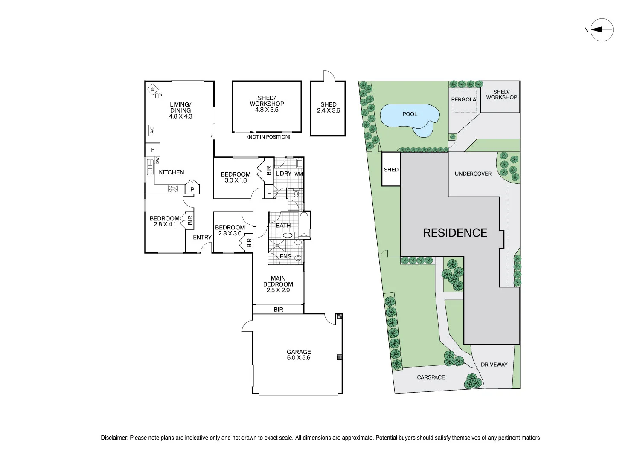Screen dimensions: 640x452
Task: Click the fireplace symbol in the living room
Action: (153, 89)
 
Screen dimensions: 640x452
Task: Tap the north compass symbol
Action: (602, 30)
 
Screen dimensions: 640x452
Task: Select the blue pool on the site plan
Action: (410, 120)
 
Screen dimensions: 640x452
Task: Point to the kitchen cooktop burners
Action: (173, 189)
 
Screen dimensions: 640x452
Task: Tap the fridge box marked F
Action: (152, 149)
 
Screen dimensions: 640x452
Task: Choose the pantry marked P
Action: (192, 188)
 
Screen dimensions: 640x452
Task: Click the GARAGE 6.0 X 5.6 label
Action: (299, 355)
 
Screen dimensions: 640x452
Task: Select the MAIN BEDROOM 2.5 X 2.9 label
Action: (278, 284)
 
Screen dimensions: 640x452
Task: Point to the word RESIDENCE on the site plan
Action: (455, 233)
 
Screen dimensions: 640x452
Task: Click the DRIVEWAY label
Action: (494, 365)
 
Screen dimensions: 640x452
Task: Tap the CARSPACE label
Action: (431, 377)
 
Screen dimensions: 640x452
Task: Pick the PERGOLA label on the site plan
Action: (464, 99)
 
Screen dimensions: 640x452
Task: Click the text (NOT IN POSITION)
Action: (268, 137)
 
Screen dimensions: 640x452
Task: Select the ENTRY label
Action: (202, 237)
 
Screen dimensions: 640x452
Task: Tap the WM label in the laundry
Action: (299, 174)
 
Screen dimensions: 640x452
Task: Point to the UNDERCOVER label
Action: (473, 174)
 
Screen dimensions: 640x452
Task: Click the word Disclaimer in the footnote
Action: (114, 438)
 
